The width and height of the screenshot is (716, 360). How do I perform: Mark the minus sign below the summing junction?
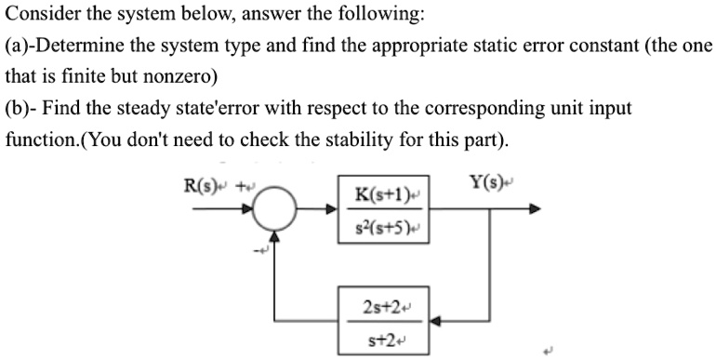tap(263, 249)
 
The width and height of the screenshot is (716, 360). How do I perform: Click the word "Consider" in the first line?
tap(41, 14)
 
